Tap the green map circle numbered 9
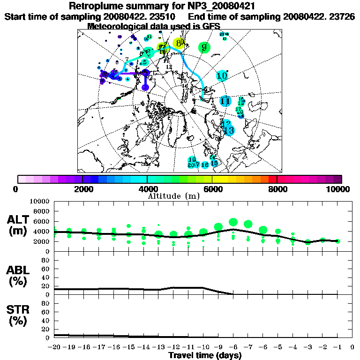204,47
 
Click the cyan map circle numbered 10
222,75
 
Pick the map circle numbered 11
225,101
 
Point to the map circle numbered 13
229,130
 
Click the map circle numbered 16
205,165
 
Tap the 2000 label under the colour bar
82,189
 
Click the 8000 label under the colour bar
277,189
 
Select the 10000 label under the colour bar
338,189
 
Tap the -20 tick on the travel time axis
54,347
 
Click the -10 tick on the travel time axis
203,347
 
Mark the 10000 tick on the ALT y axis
41,202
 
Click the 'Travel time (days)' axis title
205,355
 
